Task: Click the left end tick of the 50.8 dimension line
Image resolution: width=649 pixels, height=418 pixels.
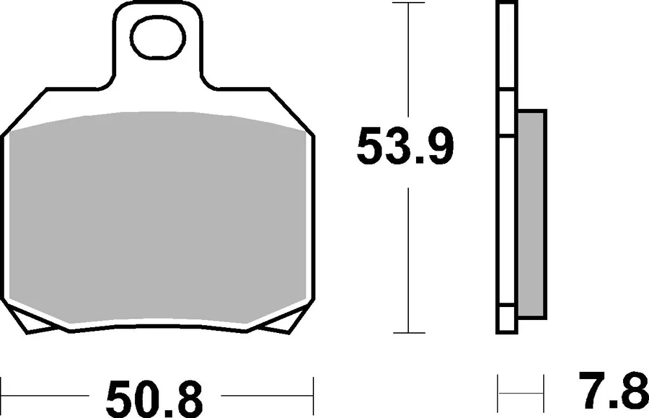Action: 1,395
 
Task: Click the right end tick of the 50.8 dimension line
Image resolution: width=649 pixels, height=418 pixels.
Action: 313,395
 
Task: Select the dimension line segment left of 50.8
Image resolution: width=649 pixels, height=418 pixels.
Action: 45,395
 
